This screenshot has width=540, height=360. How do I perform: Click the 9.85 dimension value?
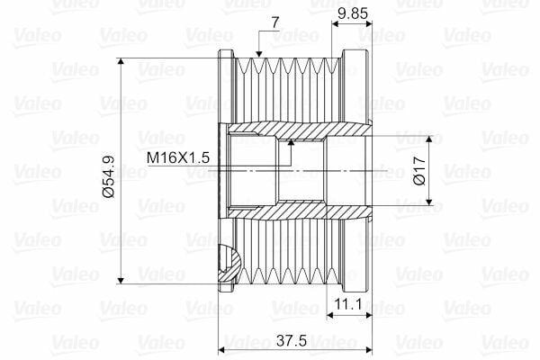[353, 13]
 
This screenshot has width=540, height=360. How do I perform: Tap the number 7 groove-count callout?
[275, 23]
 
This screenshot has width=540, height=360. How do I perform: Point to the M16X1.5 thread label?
[177, 157]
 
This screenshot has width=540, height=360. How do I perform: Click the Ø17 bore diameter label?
[419, 170]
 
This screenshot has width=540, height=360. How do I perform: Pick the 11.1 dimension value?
[348, 304]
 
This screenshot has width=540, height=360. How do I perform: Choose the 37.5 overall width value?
[292, 341]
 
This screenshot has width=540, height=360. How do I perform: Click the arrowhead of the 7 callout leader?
[259, 54]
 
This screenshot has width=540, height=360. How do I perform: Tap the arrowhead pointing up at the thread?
[292, 142]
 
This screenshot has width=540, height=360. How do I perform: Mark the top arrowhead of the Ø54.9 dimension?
[121, 61]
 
